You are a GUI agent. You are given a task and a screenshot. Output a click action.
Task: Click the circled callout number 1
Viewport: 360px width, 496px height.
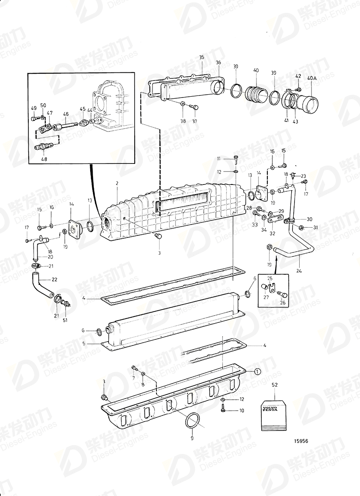point(258,371)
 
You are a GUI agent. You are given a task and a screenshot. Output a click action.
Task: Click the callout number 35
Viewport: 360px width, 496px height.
point(201,57)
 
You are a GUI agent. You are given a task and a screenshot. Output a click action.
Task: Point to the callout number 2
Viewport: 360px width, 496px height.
point(117,183)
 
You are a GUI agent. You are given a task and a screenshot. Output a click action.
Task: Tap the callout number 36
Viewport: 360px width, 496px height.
point(218,62)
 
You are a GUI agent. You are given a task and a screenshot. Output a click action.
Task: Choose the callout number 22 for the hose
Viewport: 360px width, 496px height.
point(54,279)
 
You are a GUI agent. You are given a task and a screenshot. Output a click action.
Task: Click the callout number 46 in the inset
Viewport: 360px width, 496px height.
point(66,114)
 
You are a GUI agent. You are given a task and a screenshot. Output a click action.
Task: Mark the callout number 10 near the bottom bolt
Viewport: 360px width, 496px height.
point(242,410)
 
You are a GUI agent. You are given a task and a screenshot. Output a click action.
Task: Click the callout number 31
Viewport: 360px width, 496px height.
point(316,227)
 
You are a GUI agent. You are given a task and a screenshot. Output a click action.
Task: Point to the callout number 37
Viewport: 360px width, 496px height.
point(195,121)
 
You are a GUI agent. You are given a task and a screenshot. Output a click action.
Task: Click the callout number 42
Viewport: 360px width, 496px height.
point(298,76)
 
